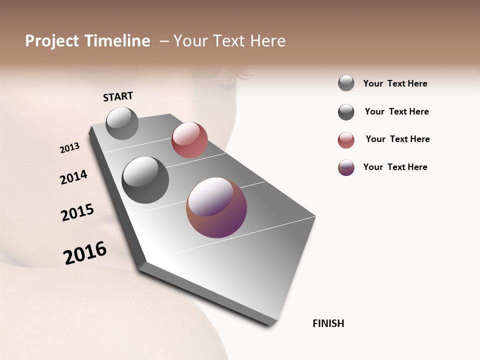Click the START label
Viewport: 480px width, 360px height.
coord(118,96)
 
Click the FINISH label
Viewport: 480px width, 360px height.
coord(328,323)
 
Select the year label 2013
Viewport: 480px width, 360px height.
coord(69,148)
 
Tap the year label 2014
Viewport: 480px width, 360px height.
coord(73,177)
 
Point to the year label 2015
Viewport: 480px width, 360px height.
coord(77,212)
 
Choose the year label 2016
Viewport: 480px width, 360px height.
coord(85,253)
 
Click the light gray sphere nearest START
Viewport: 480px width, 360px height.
coord(122,123)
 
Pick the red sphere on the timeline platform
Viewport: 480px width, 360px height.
coord(189,140)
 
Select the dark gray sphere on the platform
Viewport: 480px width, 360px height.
coord(145,180)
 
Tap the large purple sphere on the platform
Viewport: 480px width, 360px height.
coord(216,207)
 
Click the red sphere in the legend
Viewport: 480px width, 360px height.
coord(346,140)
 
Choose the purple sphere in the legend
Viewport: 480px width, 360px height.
coord(346,167)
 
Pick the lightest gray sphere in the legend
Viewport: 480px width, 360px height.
coord(346,83)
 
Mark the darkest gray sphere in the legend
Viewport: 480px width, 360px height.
coord(346,112)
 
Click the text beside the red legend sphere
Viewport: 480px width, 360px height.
coord(397,139)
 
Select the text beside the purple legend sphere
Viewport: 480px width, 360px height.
coord(395,167)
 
